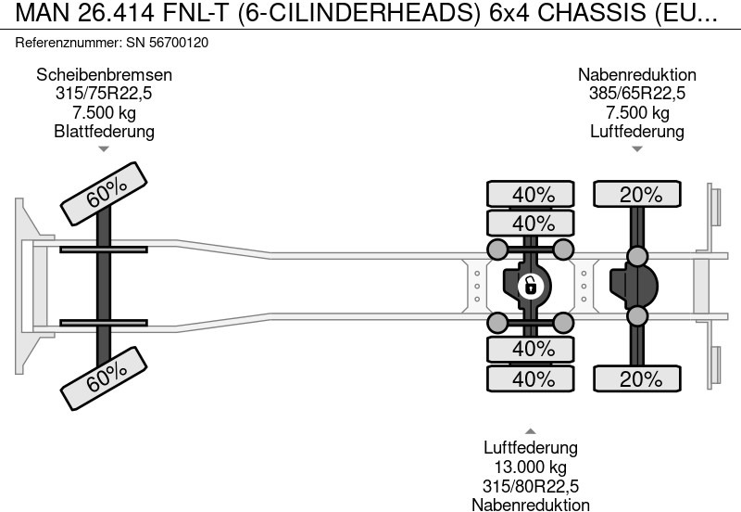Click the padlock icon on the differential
click(530, 286)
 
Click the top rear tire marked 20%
click(637, 195)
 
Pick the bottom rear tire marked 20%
click(637, 378)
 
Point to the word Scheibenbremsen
click(104, 75)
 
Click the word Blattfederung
click(104, 131)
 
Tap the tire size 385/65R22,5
click(637, 94)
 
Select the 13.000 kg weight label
click(531, 467)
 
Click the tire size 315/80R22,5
click(531, 486)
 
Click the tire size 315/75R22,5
click(104, 94)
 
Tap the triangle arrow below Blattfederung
click(104, 148)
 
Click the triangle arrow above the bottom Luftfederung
click(531, 431)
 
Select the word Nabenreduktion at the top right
click(637, 75)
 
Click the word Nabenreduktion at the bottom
click(531, 505)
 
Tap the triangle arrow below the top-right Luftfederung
click(637, 148)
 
